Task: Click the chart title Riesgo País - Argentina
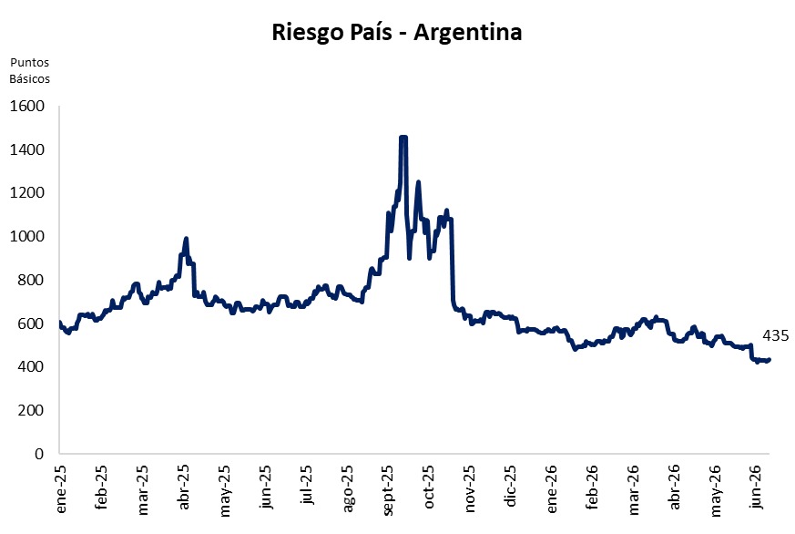[x=396, y=33]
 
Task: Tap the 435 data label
[x=776, y=335]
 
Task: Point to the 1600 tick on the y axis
[x=27, y=106]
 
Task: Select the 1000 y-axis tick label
[x=27, y=236]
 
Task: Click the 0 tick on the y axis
[x=39, y=454]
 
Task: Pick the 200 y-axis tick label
[x=31, y=410]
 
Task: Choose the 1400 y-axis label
[x=27, y=149]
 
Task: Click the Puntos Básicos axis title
[x=30, y=70]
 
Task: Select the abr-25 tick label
[x=184, y=487]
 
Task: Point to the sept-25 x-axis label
[x=388, y=490]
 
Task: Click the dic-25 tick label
[x=511, y=486]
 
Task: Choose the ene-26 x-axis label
[x=552, y=488]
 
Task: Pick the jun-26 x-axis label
[x=756, y=487]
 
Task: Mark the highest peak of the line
[x=403, y=137]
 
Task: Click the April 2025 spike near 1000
[x=186, y=239]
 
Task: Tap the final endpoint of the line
[x=770, y=360]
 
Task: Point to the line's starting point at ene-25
[x=60, y=323]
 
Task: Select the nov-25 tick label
[x=470, y=488]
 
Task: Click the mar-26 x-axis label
[x=633, y=490]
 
